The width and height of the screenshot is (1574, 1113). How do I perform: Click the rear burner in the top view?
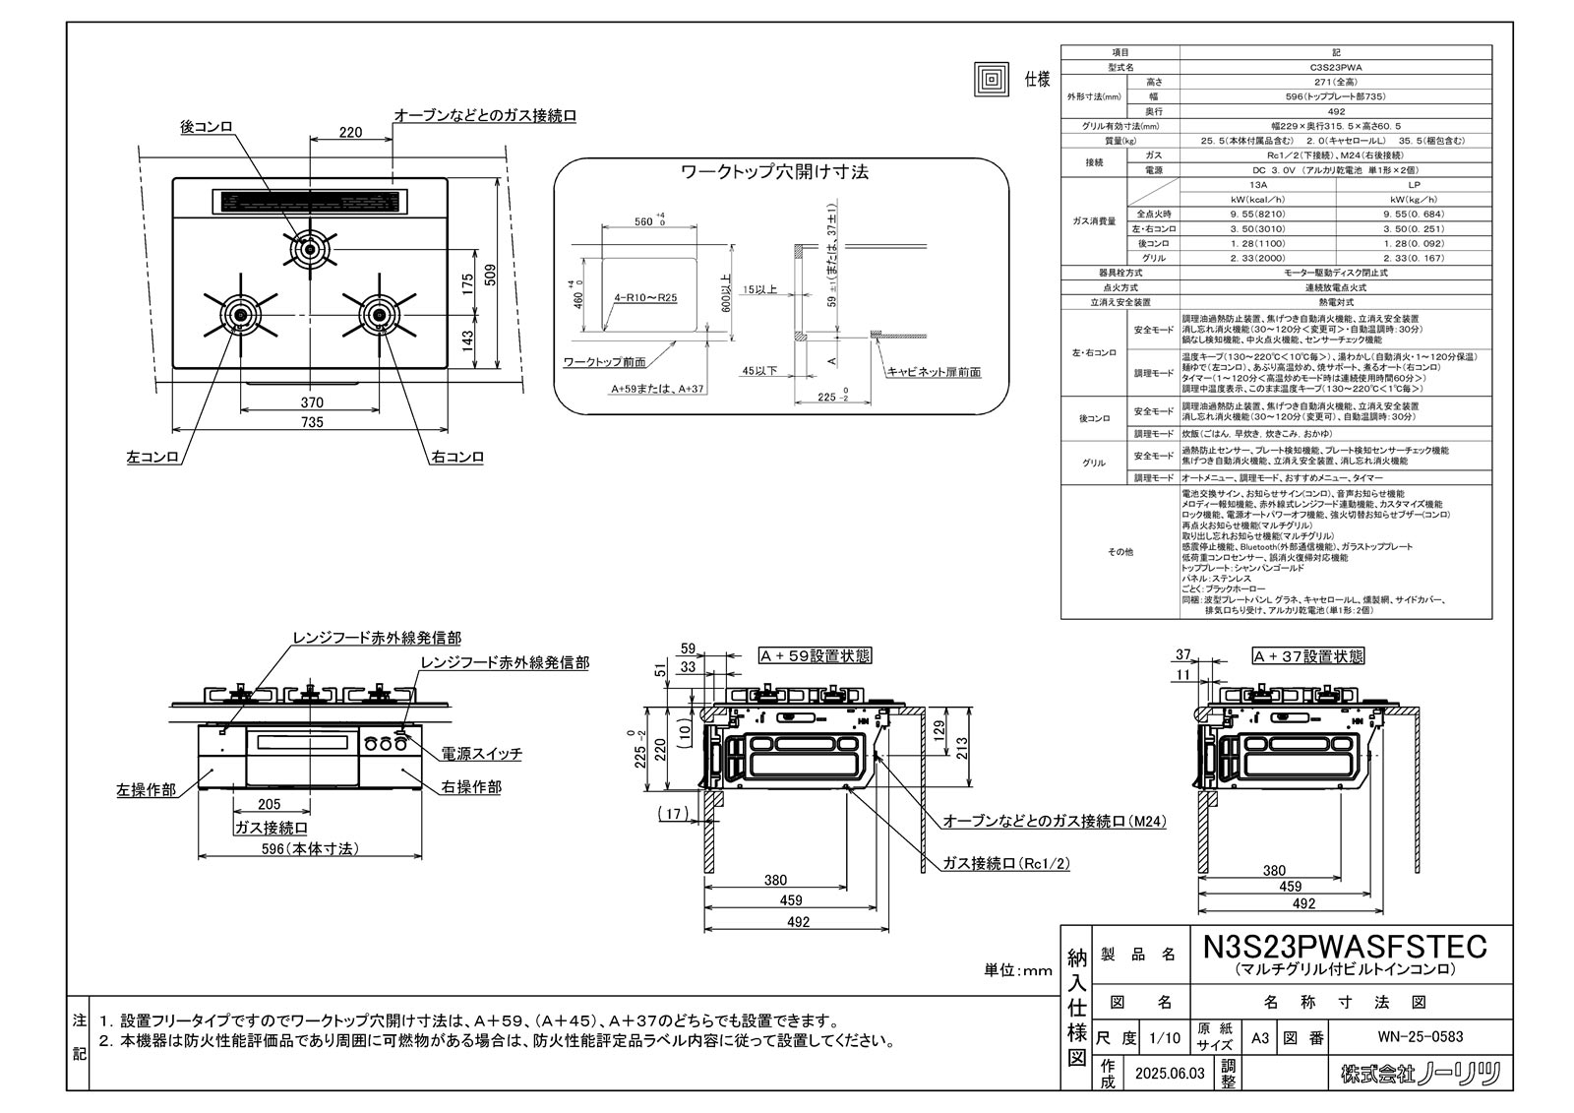coord(311,250)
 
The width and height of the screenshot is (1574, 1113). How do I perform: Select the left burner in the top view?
coord(239,314)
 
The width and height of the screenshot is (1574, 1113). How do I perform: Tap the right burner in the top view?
coord(381,314)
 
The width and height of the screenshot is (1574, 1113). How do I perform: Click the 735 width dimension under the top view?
coord(311,422)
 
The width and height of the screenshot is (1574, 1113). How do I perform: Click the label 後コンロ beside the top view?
coord(207,127)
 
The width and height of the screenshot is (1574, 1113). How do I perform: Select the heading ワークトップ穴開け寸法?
coord(775,172)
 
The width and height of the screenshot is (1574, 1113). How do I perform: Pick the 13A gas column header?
coord(1257,184)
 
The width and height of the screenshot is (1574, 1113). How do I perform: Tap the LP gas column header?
coord(1414,184)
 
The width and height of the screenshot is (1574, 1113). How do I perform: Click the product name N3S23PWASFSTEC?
coord(1345,946)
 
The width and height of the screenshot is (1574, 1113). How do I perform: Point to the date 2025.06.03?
coord(1168,1074)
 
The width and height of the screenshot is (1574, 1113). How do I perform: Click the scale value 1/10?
coord(1166,1037)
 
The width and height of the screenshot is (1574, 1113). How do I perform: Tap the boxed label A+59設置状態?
coord(815,655)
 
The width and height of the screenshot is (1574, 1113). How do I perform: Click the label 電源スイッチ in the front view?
coord(481,753)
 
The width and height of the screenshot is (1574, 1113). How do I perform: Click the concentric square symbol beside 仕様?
coord(992,79)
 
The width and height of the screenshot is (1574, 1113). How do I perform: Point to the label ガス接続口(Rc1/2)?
coord(1005,863)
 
